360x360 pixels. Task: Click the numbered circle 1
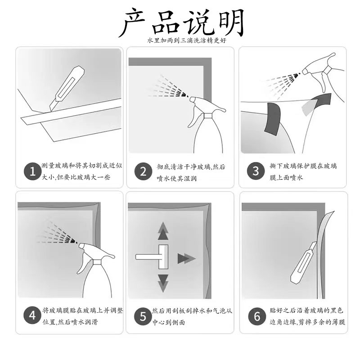[32, 171]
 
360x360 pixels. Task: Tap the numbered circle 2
[143, 171]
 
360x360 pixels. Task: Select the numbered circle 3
[256, 171]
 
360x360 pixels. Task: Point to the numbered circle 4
[32, 315]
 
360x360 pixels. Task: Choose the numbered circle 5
[143, 316]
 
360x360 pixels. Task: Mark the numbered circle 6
[257, 316]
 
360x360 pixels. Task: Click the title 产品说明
[182, 23]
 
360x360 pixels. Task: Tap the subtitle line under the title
[186, 40]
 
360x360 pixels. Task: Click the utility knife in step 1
[67, 88]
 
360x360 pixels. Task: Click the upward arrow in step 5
[163, 231]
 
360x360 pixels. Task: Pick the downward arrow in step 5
[163, 283]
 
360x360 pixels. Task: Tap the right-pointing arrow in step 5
[186, 258]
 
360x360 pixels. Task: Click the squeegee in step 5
[152, 256]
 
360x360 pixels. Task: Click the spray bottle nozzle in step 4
[83, 245]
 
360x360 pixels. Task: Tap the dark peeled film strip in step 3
[273, 118]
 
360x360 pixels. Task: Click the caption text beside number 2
[190, 172]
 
